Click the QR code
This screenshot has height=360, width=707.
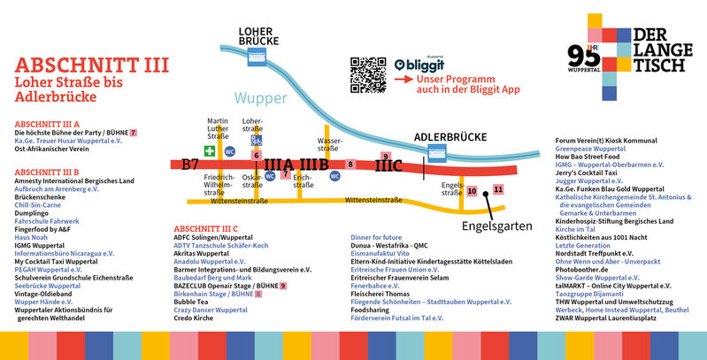[x=368, y=74]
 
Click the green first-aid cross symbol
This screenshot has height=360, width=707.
[x=211, y=151]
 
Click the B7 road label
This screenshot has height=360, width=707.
[x=190, y=164]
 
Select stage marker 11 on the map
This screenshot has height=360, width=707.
[x=498, y=189]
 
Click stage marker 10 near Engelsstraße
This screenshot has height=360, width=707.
[x=472, y=191]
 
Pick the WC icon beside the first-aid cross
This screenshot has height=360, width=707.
[x=230, y=151]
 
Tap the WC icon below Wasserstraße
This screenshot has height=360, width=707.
[x=334, y=175]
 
